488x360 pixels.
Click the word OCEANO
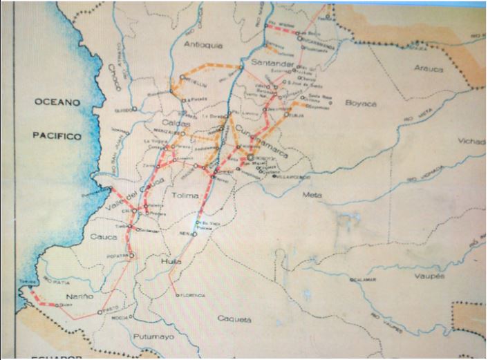58,102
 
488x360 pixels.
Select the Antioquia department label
204,45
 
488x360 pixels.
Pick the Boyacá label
360,103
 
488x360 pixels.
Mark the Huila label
170,263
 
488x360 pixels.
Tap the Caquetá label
232,319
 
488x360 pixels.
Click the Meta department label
312,195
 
